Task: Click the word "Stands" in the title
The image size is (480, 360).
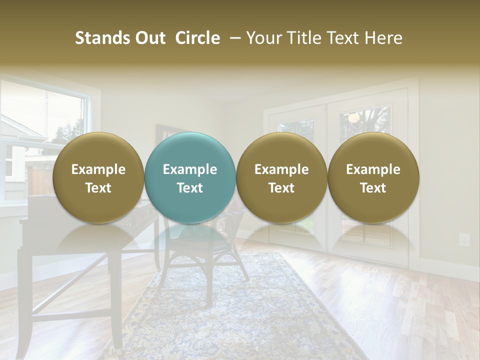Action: (101, 38)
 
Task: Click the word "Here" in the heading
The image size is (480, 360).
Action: (382, 38)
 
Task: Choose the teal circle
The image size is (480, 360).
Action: (189, 177)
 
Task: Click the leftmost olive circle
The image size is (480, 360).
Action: (98, 177)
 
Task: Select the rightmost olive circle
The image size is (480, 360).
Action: (373, 177)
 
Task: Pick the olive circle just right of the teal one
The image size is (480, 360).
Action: (281, 177)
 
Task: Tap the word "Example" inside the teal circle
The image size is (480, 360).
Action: (189, 169)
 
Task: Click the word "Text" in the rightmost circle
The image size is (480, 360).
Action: (373, 188)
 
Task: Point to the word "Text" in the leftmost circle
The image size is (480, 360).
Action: (98, 188)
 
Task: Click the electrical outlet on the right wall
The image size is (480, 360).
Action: (464, 240)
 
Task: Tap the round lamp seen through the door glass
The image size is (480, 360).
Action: (354, 118)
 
